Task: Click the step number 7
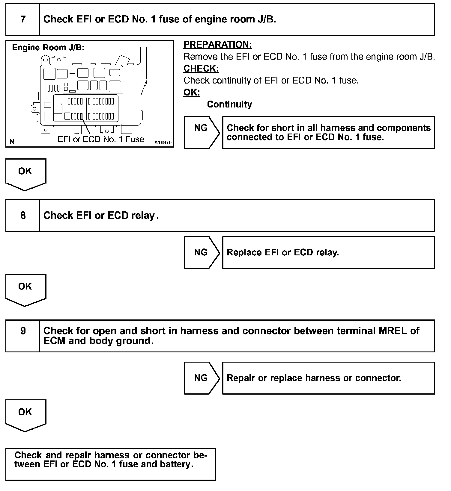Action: pyautogui.click(x=23, y=19)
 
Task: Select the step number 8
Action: pyautogui.click(x=23, y=216)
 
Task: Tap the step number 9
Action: pyautogui.click(x=23, y=331)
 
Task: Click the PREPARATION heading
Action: pyautogui.click(x=218, y=45)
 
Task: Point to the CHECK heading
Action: pyautogui.click(x=201, y=69)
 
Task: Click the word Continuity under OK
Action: pyautogui.click(x=229, y=104)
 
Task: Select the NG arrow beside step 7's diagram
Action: pyautogui.click(x=202, y=133)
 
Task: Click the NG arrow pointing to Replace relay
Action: pyautogui.click(x=202, y=252)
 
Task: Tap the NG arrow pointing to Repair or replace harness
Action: pyautogui.click(x=202, y=378)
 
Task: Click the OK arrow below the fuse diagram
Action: pyautogui.click(x=25, y=175)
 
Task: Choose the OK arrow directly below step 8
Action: pyautogui.click(x=25, y=290)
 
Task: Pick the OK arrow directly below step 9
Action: pyautogui.click(x=25, y=416)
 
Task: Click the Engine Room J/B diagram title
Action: pyautogui.click(x=48, y=48)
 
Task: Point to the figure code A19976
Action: pyautogui.click(x=163, y=143)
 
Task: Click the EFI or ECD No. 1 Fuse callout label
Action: pyautogui.click(x=101, y=139)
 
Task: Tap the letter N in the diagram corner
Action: pyautogui.click(x=12, y=142)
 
